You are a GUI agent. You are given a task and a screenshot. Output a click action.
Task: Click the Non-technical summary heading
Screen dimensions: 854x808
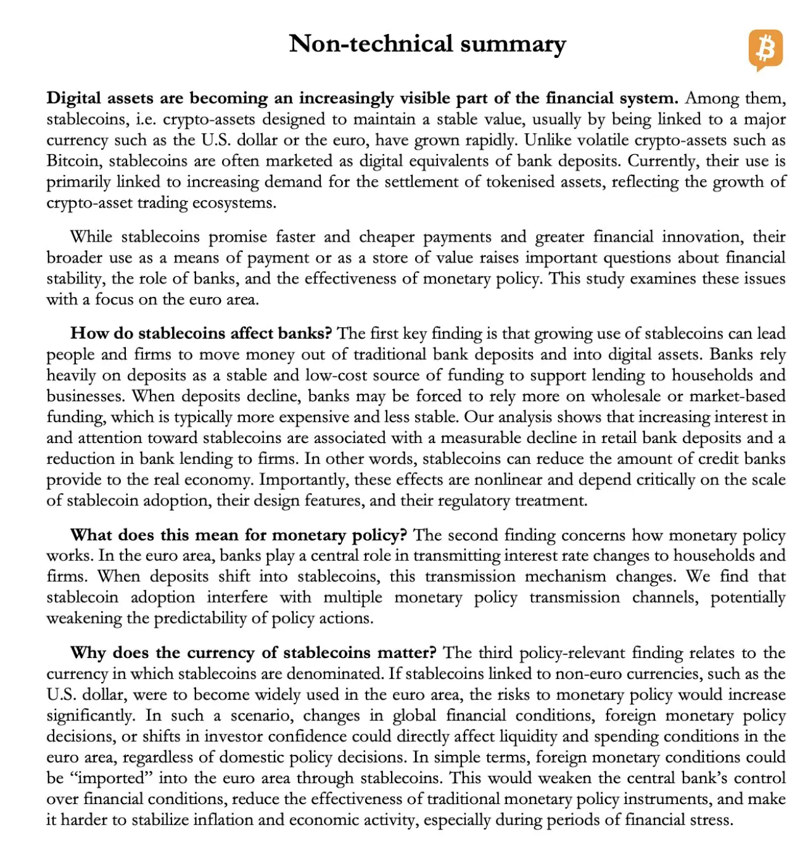click(x=427, y=44)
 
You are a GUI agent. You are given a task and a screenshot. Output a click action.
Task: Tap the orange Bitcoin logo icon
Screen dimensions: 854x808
click(x=765, y=49)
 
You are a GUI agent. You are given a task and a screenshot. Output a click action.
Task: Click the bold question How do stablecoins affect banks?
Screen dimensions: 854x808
click(x=201, y=334)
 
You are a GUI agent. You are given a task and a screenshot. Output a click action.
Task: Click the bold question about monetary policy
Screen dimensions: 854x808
click(x=239, y=535)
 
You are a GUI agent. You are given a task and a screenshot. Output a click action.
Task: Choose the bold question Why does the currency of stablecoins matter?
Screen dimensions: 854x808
click(x=253, y=653)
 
